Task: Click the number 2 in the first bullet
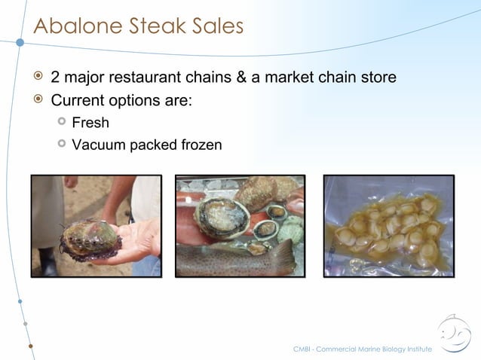[x=55, y=78]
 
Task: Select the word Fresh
[x=90, y=122]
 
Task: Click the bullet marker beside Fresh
[x=62, y=121]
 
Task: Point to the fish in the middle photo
[x=234, y=261]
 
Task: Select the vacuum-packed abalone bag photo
[x=388, y=225]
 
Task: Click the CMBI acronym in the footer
[x=302, y=349]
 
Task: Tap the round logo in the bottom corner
[x=455, y=334]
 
